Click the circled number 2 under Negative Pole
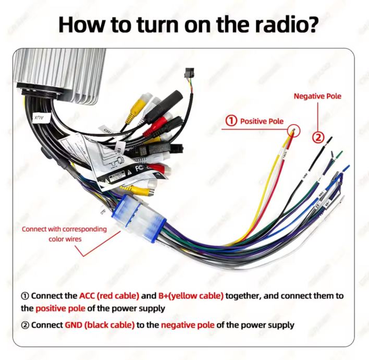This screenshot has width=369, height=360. [x=318, y=137]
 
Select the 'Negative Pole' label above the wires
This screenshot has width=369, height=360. [x=317, y=97]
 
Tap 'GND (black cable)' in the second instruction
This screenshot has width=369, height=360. [x=100, y=325]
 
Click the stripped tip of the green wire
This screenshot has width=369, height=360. [x=340, y=154]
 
